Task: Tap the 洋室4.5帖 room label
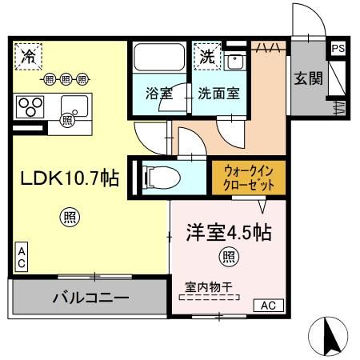(x=229, y=233)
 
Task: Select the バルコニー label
(x=90, y=298)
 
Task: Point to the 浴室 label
(x=158, y=94)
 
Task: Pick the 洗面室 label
(x=219, y=94)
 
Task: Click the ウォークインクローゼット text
(x=250, y=177)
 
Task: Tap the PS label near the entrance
(x=338, y=50)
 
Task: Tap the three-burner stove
(x=30, y=106)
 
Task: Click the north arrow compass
(x=328, y=337)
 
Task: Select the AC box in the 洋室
(x=268, y=304)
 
